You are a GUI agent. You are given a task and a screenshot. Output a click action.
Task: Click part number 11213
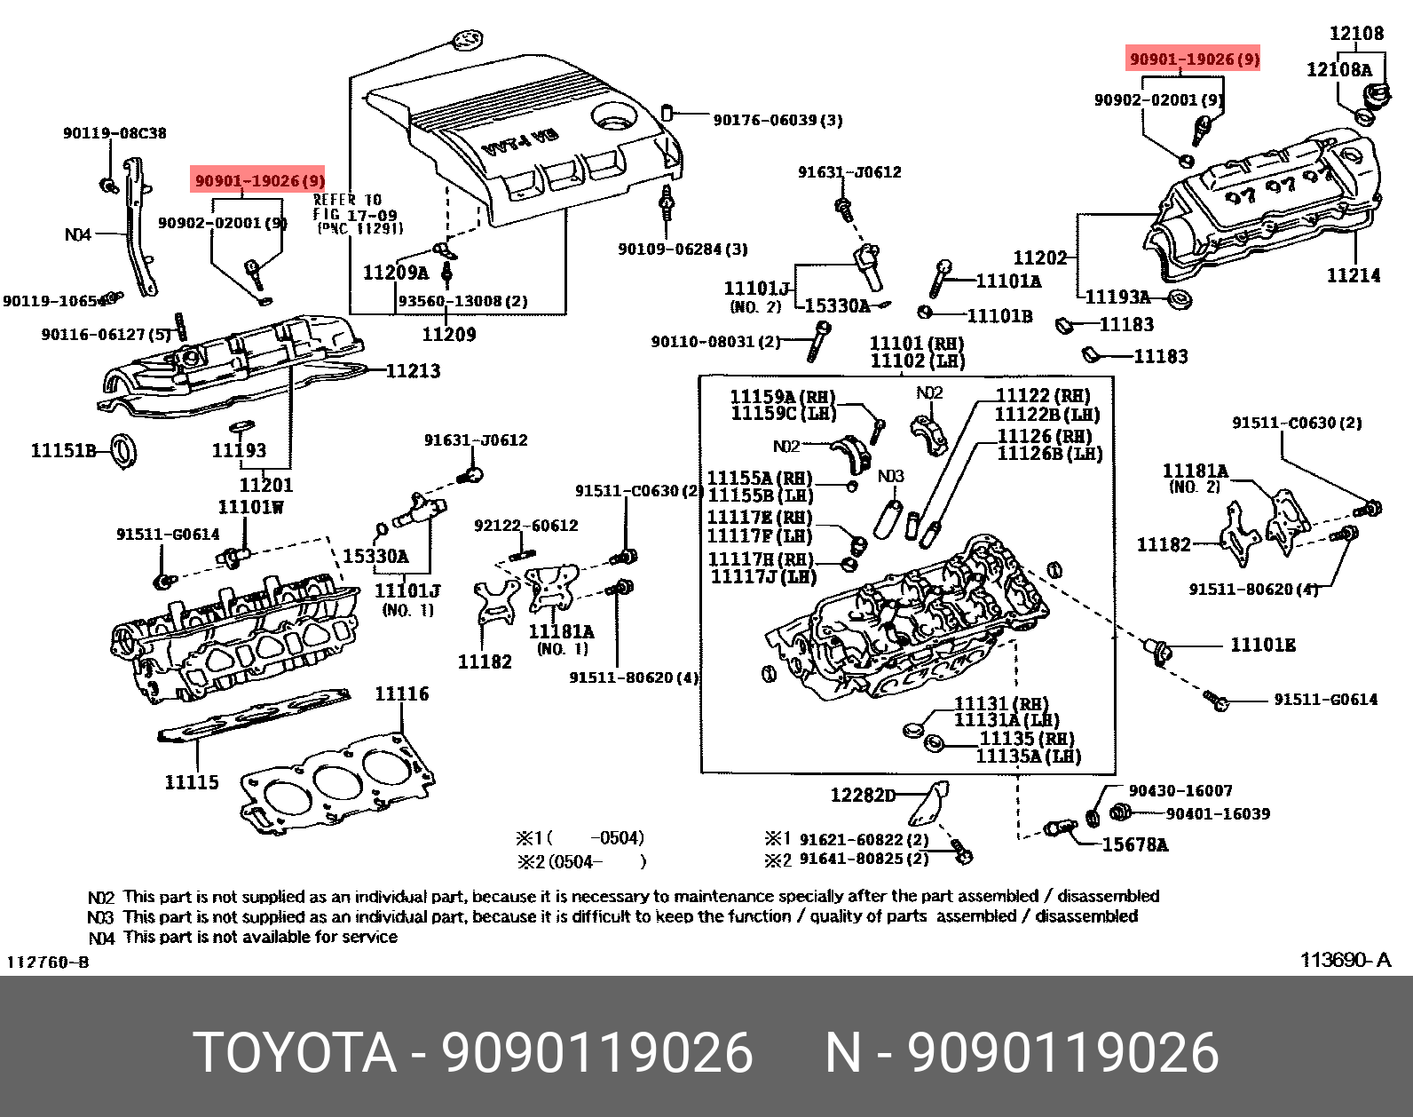click(412, 370)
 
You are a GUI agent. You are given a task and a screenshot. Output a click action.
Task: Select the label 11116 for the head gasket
click(401, 693)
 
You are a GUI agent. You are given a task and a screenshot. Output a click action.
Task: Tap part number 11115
click(191, 782)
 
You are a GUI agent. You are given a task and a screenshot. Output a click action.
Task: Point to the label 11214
click(1354, 275)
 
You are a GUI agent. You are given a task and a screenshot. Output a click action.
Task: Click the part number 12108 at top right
click(1356, 34)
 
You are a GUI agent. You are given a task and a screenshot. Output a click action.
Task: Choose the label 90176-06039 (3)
click(778, 120)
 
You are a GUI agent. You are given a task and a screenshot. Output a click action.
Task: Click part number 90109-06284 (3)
click(683, 250)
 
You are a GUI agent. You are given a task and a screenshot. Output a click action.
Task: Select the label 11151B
click(63, 451)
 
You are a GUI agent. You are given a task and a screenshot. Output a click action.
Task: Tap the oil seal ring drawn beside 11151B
click(123, 450)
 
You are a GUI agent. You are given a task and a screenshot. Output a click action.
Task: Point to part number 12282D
click(863, 795)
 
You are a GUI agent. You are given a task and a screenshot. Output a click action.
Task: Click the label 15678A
click(1134, 845)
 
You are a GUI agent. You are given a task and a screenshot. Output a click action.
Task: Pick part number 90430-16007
click(1180, 790)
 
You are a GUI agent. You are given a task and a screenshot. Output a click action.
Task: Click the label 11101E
click(1262, 646)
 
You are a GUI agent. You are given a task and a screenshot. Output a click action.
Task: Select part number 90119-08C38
click(114, 133)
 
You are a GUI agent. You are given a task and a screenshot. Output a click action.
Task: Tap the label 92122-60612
click(525, 526)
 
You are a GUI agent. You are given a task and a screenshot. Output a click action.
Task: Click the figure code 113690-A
click(1346, 960)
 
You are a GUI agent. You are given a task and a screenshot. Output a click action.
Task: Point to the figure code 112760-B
click(48, 963)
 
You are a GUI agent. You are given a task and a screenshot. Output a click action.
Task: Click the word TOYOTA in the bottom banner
click(294, 1053)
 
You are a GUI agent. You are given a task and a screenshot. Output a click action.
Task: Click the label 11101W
click(251, 507)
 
